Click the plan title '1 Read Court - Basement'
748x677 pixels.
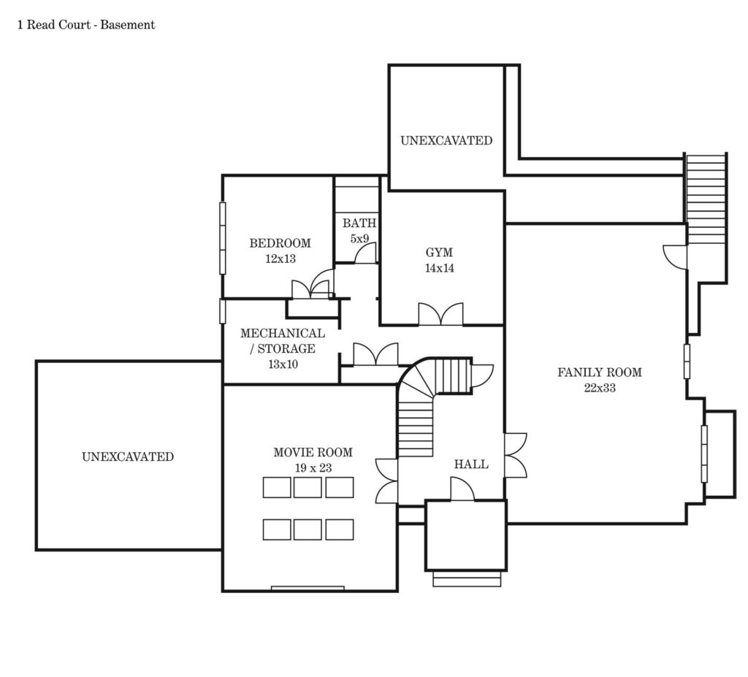86,25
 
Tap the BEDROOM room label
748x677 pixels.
280,243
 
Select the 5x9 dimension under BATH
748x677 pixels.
359,239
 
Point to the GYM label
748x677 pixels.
439,253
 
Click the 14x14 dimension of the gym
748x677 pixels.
439,268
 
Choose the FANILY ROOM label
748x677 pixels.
600,372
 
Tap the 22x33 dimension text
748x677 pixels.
600,388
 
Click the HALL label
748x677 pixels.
471,464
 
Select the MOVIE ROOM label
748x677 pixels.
313,452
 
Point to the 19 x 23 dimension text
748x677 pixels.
313,468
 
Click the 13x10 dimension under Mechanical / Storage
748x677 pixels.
283,364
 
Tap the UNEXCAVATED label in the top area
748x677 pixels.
446,141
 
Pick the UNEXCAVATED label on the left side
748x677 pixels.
128,456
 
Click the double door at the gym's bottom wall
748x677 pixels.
440,315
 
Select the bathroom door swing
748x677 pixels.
365,253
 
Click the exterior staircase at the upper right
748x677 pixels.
706,198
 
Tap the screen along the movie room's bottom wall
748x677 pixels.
308,588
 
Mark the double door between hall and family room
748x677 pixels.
516,455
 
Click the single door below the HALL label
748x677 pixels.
462,489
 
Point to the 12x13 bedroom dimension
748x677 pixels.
280,259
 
